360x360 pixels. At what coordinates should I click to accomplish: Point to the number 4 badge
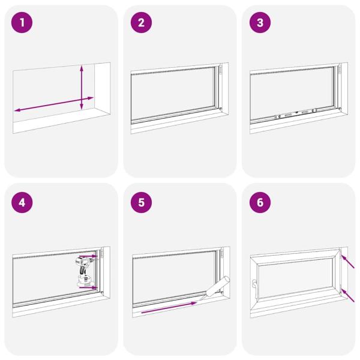pyautogui.click(x=23, y=202)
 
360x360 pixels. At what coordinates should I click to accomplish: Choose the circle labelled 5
pyautogui.click(x=142, y=202)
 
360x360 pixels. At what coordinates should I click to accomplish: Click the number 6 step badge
pyautogui.click(x=260, y=202)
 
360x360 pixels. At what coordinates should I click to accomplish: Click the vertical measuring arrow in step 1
pyautogui.click(x=82, y=88)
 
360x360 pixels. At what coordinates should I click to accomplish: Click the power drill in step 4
pyautogui.click(x=84, y=270)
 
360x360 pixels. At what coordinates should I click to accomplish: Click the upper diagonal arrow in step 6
pyautogui.click(x=348, y=262)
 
